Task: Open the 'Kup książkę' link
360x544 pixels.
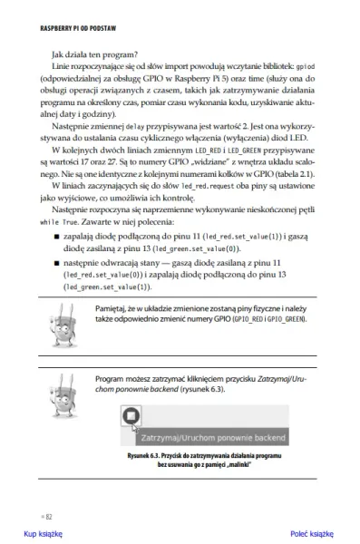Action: [42, 534]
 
